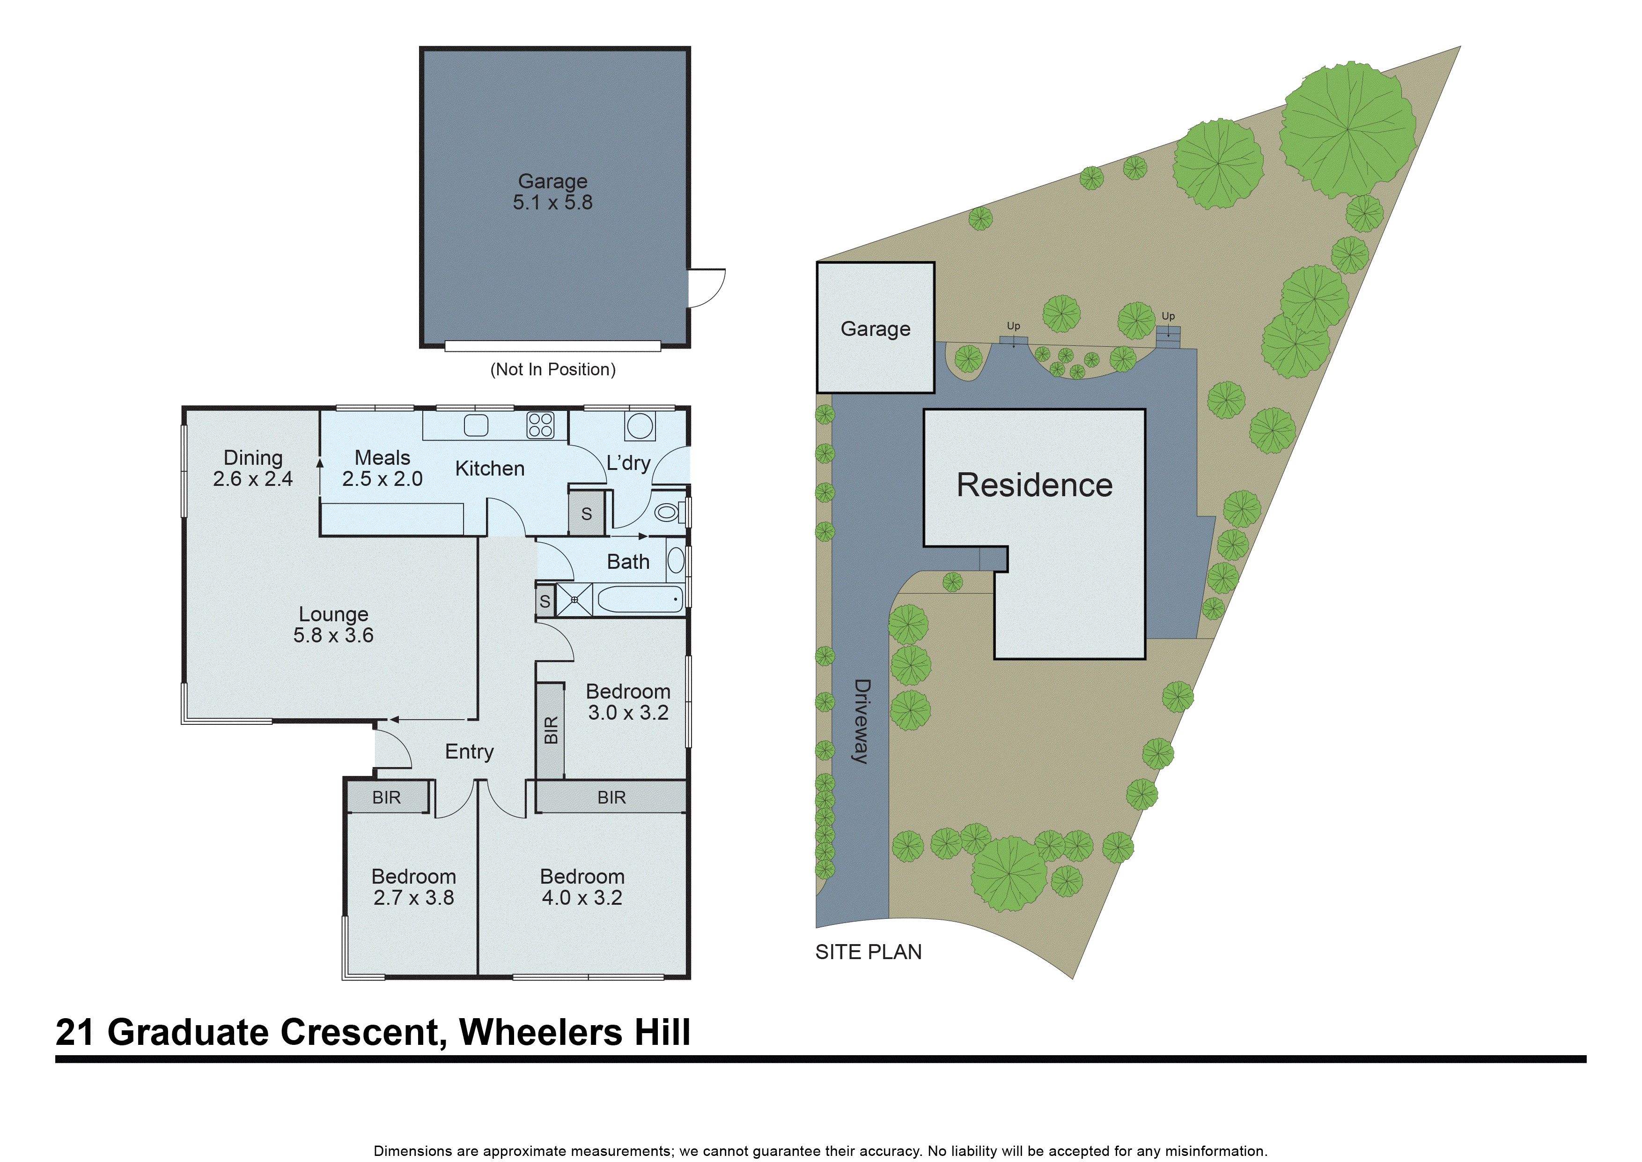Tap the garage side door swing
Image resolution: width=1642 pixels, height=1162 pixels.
[x=707, y=288]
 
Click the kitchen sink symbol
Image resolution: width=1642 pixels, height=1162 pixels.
[x=476, y=425]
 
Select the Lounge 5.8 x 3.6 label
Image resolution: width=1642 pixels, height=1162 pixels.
[x=333, y=625]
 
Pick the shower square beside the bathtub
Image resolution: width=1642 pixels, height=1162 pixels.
[x=574, y=600]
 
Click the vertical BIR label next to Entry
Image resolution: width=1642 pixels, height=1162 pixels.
[x=551, y=730]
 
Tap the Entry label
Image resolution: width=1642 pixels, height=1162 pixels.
[x=469, y=751]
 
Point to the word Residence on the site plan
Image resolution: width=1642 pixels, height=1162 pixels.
[x=1034, y=485]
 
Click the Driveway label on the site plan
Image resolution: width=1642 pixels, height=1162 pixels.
[x=862, y=721]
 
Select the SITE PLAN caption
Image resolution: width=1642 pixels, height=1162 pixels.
[x=868, y=953]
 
